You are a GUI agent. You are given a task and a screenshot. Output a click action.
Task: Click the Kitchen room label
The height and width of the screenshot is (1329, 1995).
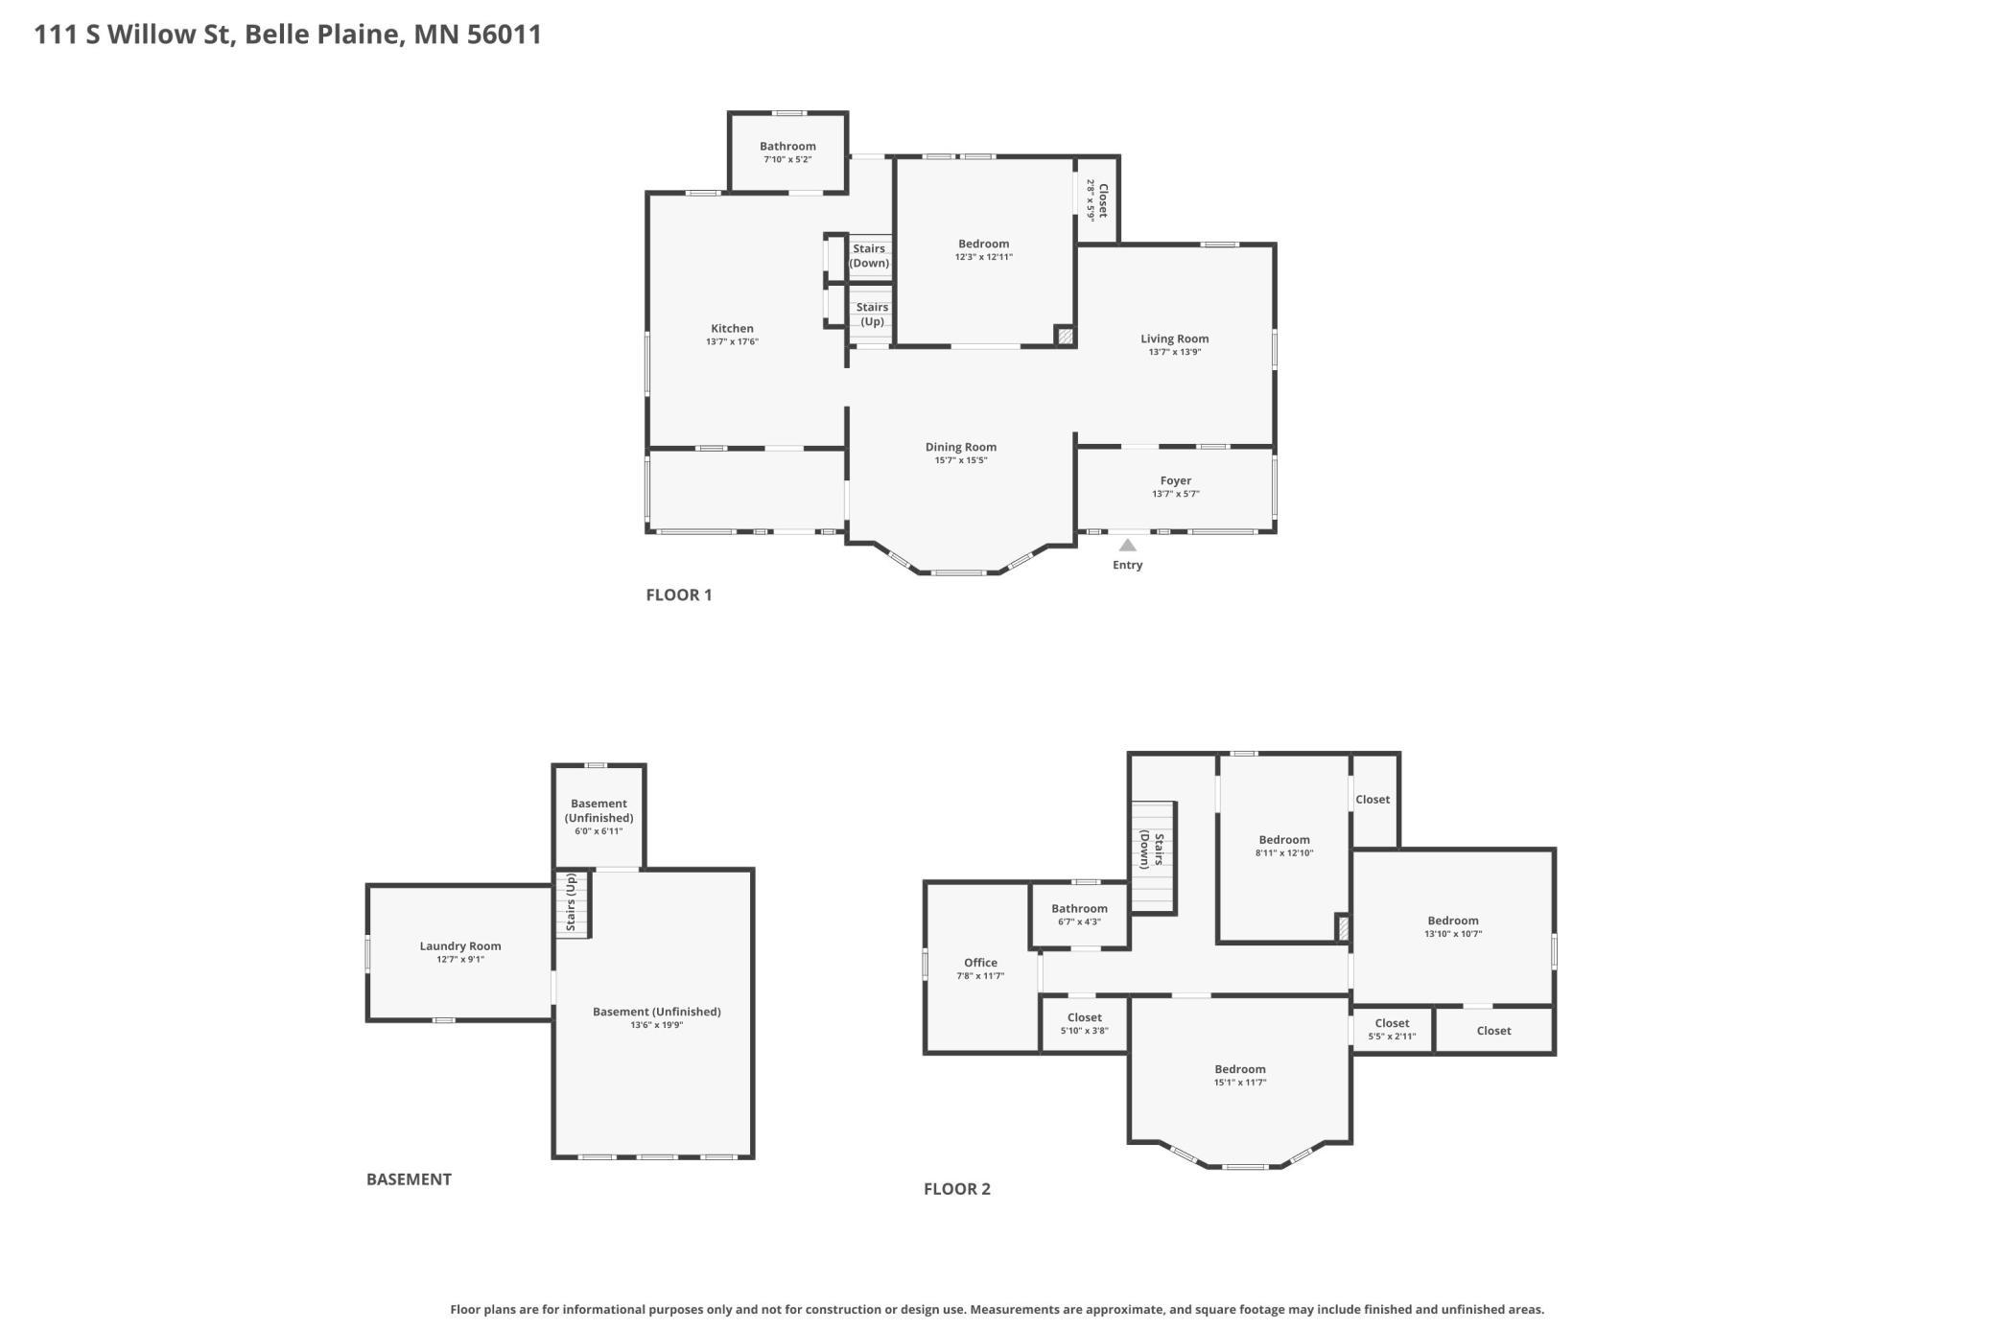tap(732, 329)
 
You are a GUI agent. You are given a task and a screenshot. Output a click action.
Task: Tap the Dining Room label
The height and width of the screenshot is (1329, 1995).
tap(961, 447)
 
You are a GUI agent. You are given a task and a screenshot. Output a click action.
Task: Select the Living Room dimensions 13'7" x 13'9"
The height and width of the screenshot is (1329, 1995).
tap(1175, 352)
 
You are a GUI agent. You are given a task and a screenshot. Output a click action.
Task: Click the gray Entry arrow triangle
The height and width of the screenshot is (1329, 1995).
tap(1128, 545)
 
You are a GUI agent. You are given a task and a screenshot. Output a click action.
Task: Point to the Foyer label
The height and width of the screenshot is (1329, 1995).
tap(1176, 481)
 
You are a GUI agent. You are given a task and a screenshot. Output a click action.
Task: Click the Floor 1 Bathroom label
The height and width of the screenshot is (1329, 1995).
tap(787, 147)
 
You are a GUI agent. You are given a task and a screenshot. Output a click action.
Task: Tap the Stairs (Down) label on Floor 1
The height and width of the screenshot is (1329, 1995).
tap(869, 256)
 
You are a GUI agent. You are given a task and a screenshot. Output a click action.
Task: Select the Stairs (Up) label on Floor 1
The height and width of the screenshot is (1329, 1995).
tap(872, 315)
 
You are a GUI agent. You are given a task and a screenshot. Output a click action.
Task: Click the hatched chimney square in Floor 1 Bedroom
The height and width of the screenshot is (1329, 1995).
tap(1065, 336)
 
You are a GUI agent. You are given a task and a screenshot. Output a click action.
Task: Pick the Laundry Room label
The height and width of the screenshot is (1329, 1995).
tap(460, 946)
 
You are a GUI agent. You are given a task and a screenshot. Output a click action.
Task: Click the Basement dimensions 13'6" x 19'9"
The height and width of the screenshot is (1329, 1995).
tap(657, 1025)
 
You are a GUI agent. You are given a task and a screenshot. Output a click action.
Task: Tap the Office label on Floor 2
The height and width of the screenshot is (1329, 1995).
tap(980, 963)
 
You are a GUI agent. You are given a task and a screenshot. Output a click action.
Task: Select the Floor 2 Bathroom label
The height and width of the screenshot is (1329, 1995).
tap(1079, 909)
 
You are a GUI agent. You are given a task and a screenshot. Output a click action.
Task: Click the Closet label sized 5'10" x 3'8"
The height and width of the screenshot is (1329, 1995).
tap(1085, 1018)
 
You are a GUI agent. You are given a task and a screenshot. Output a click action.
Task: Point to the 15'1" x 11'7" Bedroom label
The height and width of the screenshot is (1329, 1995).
tap(1240, 1069)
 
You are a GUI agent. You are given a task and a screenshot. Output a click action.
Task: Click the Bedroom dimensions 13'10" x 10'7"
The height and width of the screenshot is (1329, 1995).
tap(1453, 934)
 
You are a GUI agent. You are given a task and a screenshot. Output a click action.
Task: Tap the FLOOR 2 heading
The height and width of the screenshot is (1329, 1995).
tap(957, 1189)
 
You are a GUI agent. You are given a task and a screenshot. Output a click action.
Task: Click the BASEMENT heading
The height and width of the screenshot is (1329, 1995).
tap(409, 1179)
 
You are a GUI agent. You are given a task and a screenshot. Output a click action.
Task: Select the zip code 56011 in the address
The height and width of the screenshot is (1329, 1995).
tap(505, 35)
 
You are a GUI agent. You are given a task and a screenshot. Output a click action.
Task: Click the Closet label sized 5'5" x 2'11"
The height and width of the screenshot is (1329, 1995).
tap(1392, 1024)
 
